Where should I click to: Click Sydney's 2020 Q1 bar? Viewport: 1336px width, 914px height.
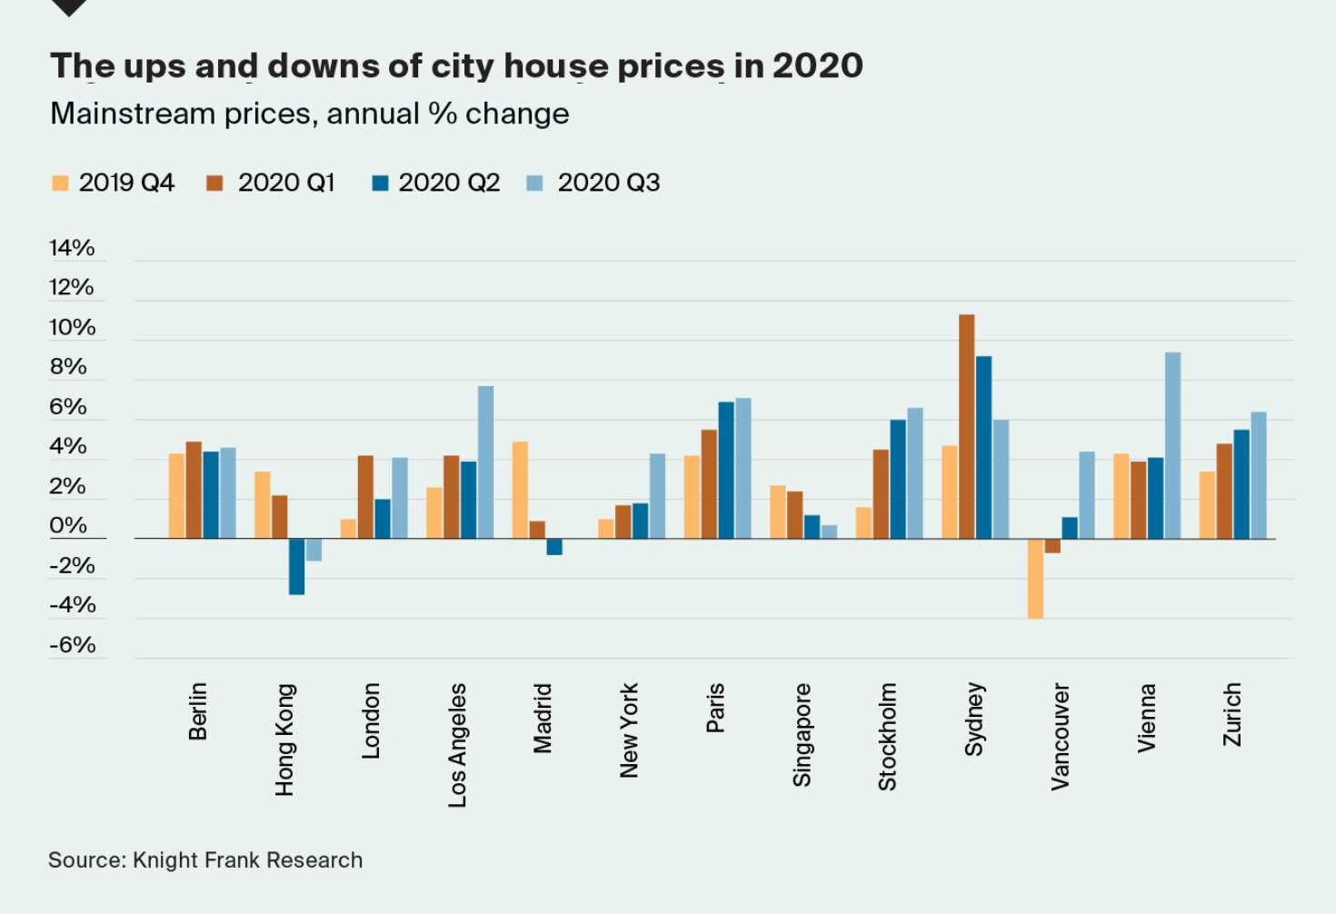(967, 427)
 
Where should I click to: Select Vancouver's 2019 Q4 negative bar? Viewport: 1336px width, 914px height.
(1035, 579)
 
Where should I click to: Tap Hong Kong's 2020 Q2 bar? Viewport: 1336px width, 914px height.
(296, 567)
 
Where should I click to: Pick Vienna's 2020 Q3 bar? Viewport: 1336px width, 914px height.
(1172, 445)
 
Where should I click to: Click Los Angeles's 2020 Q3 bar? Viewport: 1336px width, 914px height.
(485, 462)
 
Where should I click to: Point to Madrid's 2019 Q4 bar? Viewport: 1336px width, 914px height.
(520, 491)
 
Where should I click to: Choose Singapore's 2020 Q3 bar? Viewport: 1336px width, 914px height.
(829, 532)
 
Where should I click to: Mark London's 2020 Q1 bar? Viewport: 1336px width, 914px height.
(365, 497)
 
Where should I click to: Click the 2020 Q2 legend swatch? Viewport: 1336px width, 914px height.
(380, 184)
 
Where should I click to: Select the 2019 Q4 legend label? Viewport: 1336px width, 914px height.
(126, 183)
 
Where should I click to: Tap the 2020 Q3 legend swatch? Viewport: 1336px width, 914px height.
(534, 184)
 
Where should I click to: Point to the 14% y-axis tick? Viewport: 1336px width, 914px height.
(72, 248)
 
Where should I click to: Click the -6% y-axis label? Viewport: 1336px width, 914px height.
(73, 645)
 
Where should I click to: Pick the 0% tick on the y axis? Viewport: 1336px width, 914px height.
(68, 525)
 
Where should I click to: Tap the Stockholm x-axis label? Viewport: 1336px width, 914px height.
(887, 737)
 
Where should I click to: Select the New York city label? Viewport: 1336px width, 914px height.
(629, 730)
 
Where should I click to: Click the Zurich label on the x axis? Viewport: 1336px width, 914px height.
(1231, 715)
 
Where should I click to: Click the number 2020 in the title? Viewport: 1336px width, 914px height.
(817, 66)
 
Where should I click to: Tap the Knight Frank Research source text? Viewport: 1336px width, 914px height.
(247, 860)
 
